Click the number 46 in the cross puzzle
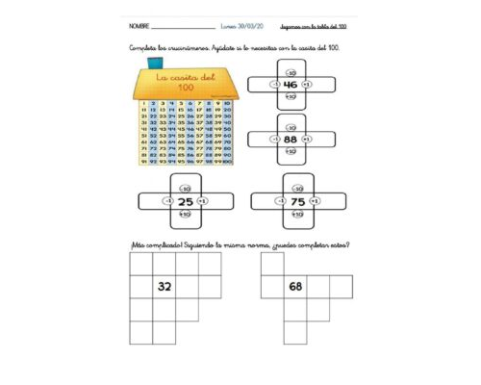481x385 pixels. pos(290,85)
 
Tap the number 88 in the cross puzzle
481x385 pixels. pos(290,139)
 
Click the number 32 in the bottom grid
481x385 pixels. pos(165,286)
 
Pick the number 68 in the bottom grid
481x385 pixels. pos(295,286)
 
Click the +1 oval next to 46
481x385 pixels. pos(306,85)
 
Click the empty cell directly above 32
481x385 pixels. pos(165,262)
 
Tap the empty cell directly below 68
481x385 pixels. pos(295,309)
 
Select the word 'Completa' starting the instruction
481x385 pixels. pos(144,47)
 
